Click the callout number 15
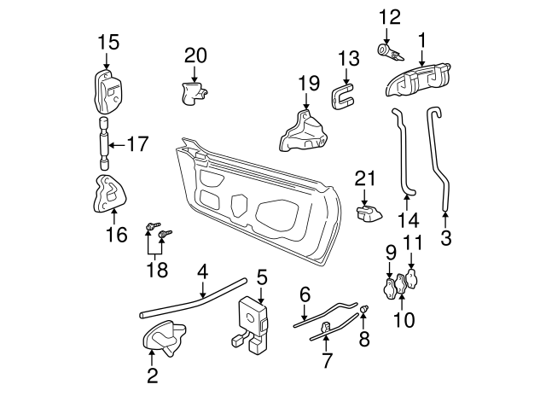[107, 42]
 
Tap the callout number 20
[195, 55]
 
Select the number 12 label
[388, 16]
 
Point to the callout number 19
[308, 83]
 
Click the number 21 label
[365, 178]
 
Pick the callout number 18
[157, 271]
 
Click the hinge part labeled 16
[106, 195]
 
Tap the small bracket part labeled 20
[195, 90]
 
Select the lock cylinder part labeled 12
[390, 52]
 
